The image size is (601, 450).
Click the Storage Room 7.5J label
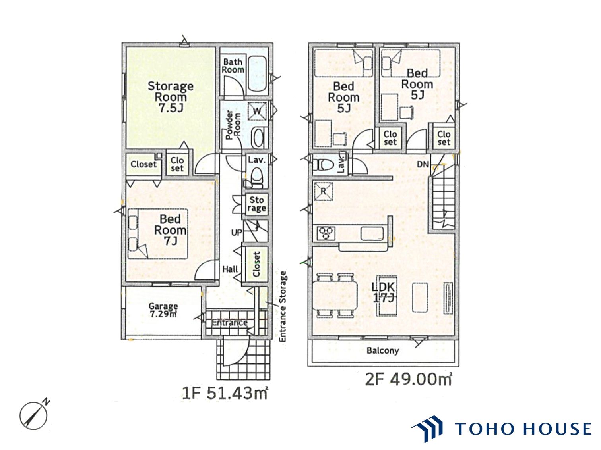(x=170, y=97)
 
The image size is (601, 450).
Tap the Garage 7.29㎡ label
(x=163, y=310)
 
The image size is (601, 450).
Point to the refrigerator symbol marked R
(x=324, y=191)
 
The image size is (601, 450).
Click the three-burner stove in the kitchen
(x=326, y=233)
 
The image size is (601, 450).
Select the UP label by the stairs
(x=237, y=233)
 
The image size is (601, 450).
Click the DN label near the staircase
(x=423, y=164)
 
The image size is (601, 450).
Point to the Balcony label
(x=382, y=350)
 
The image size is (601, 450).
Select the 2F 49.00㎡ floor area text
(x=408, y=379)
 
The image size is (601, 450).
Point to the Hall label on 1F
(x=230, y=269)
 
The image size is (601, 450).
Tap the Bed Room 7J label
(x=170, y=230)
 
